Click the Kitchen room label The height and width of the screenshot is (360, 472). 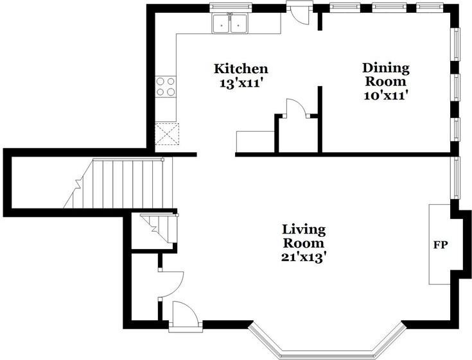coord(241,69)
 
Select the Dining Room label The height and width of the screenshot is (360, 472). coord(386,74)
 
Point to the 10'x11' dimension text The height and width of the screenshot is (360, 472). coord(386,96)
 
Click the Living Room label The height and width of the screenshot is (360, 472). coord(304,236)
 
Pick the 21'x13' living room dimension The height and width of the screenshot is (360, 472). coord(304,257)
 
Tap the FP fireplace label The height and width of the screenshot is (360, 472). coord(441,245)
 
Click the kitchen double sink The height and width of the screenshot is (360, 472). coord(231,24)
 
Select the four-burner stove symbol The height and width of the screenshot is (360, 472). coord(165,87)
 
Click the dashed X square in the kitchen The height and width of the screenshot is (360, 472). coord(167,134)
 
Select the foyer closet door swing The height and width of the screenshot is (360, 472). coord(171,284)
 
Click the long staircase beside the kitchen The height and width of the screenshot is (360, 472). coord(118,184)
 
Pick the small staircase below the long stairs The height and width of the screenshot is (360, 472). coord(160,228)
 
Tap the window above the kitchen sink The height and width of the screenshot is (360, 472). coord(231,7)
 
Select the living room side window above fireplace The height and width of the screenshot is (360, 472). coord(457,178)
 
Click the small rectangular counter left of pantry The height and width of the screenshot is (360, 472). coord(256,142)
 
